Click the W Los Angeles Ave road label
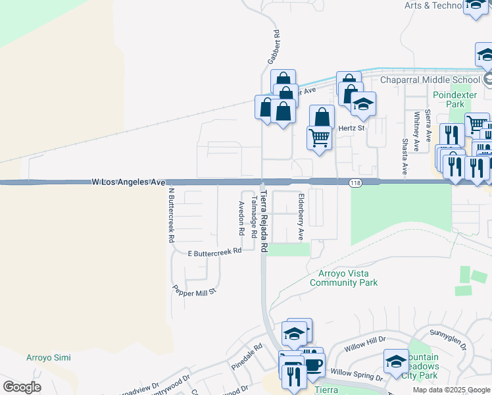tap(128, 181)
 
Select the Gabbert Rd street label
tap(274, 46)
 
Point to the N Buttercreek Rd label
tap(170, 215)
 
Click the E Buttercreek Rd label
tap(214, 251)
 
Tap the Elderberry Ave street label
tap(301, 217)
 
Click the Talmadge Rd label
tap(254, 212)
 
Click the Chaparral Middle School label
tap(430, 80)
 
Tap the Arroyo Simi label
tap(48, 358)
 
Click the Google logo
tap(22, 387)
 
